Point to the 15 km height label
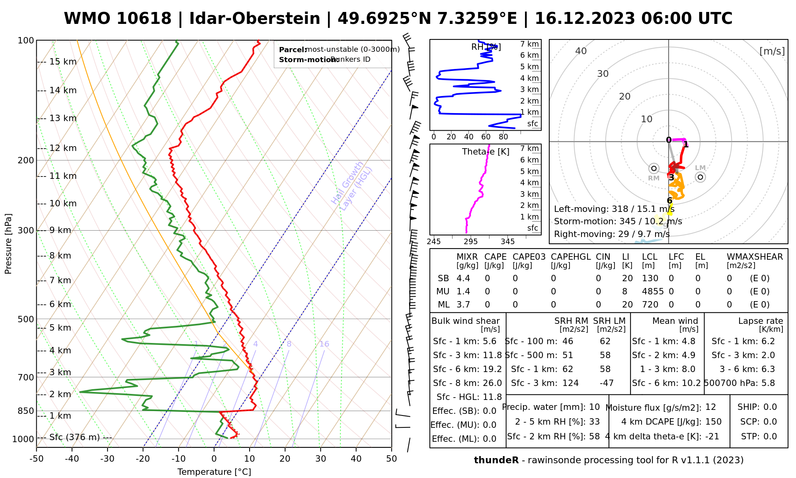click(x=63, y=62)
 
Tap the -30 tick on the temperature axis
click(x=107, y=459)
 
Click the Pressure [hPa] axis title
click(x=8, y=244)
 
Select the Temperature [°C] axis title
click(x=214, y=472)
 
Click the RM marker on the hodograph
click(x=654, y=168)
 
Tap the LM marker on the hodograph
click(x=700, y=177)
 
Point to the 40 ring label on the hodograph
click(x=581, y=51)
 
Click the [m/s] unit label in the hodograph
click(x=772, y=51)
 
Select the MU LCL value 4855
click(x=653, y=292)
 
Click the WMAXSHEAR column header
click(x=755, y=257)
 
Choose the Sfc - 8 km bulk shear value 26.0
click(x=492, y=383)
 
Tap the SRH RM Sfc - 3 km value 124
click(x=570, y=383)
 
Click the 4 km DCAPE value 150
click(x=713, y=422)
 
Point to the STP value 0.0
click(x=770, y=437)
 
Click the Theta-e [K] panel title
click(x=486, y=152)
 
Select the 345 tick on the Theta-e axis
click(x=507, y=242)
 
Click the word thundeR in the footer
click(x=496, y=460)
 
